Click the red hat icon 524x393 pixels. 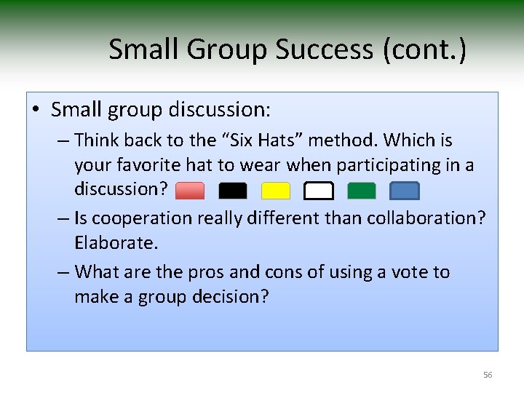pyautogui.click(x=190, y=191)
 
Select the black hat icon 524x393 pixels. pyautogui.click(x=233, y=191)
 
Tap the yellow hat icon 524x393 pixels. pyautogui.click(x=276, y=191)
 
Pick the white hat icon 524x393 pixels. pyautogui.click(x=319, y=191)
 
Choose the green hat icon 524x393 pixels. pyautogui.click(x=362, y=191)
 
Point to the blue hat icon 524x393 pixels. pyautogui.click(x=405, y=191)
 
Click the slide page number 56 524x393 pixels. pyautogui.click(x=488, y=375)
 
